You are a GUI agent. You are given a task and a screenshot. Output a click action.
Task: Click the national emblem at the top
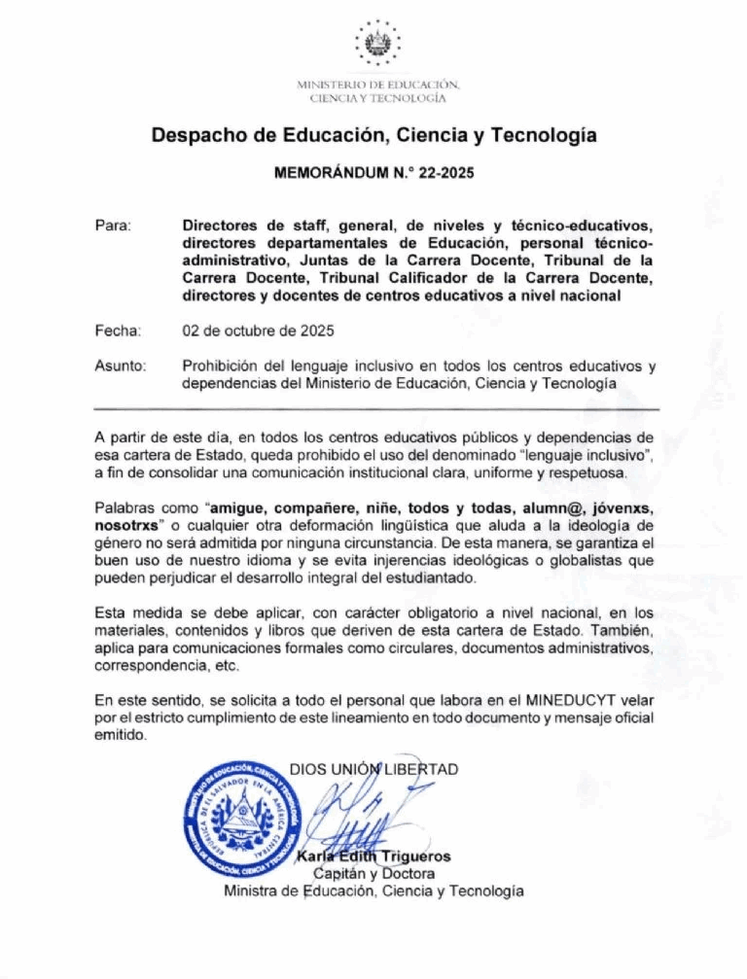[x=373, y=44]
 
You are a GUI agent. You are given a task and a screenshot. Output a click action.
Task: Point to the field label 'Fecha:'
[x=118, y=332]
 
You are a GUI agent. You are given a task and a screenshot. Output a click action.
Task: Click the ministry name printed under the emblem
[x=373, y=91]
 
